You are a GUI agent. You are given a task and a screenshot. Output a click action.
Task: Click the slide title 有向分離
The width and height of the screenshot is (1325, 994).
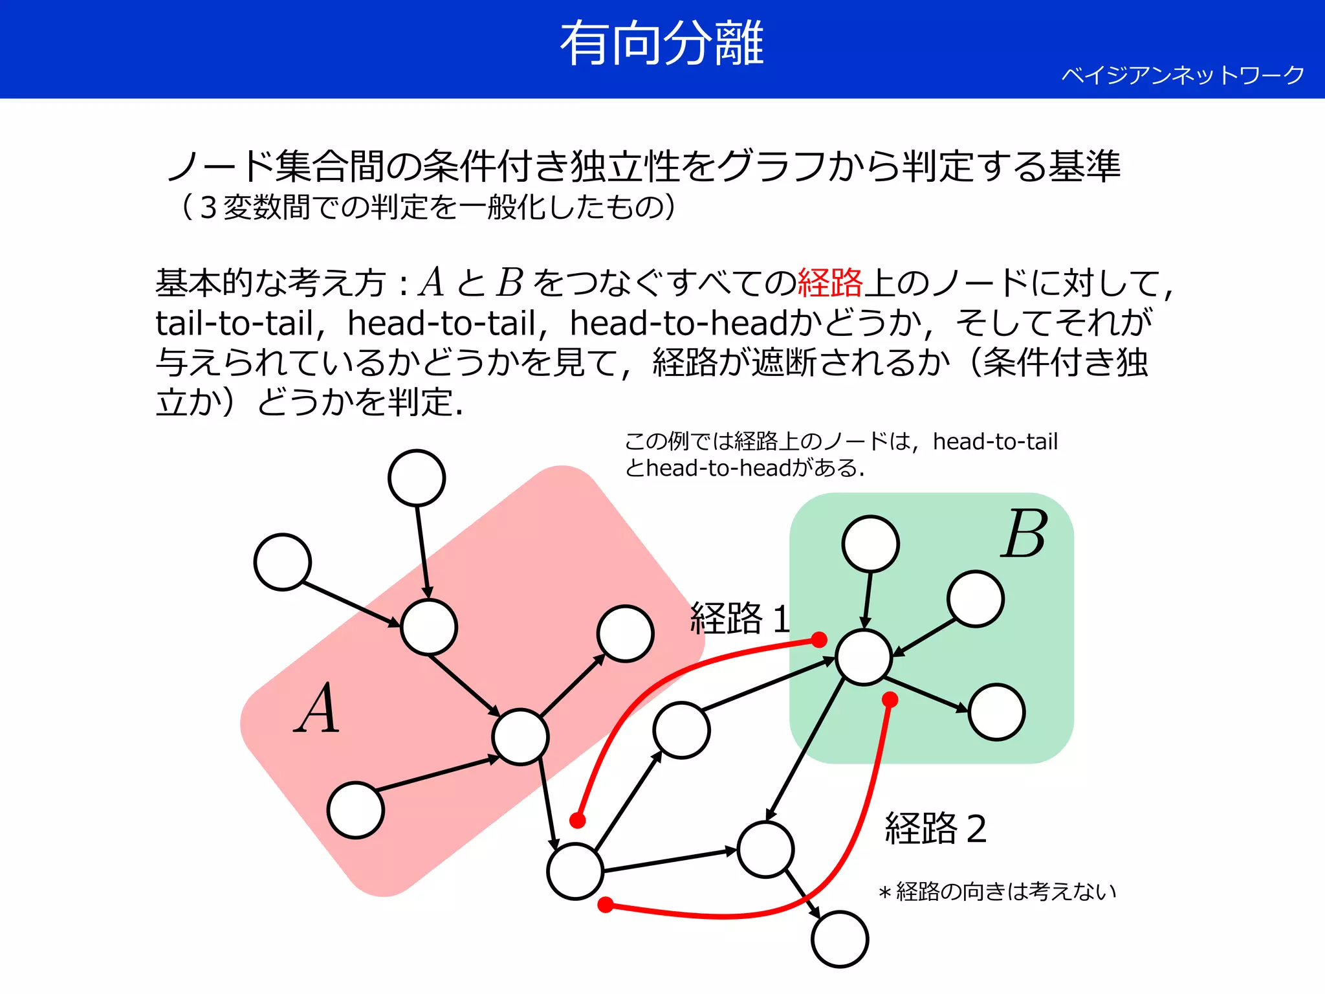point(662,44)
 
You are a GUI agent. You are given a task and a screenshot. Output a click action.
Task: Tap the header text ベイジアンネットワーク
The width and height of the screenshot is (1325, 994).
point(1183,76)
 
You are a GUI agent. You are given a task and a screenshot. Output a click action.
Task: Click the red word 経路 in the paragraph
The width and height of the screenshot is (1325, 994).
point(830,283)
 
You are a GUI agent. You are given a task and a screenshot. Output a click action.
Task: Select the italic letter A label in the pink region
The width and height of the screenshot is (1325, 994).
point(317,709)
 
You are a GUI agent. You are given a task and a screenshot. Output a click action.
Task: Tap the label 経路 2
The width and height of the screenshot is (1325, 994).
point(936,829)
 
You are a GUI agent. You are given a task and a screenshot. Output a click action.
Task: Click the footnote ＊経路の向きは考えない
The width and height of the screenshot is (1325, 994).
point(997,892)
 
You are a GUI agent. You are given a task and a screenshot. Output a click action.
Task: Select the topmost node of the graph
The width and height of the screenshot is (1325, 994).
point(417,478)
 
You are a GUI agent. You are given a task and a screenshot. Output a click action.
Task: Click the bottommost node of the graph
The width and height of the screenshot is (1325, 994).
point(840,939)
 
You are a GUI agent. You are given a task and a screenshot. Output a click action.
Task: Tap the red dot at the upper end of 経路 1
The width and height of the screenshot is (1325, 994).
point(819,640)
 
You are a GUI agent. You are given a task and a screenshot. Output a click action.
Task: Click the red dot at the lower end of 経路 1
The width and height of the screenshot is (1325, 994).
point(578,821)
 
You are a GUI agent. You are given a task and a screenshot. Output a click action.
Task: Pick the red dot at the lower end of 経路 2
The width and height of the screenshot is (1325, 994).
point(606,905)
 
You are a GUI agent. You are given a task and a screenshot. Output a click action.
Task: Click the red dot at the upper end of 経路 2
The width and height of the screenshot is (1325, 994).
point(890,700)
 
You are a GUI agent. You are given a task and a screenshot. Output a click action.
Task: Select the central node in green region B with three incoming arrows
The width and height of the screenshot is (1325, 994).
point(864,657)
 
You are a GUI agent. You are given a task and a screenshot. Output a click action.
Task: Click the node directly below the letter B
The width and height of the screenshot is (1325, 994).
point(976,599)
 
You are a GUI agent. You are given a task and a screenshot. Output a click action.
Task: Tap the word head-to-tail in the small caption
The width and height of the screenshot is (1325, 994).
point(995,442)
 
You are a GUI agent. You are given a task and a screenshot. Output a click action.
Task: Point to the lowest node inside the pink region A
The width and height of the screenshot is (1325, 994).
point(356,810)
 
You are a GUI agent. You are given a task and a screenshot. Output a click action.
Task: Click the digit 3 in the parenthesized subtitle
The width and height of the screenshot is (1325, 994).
point(208,208)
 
